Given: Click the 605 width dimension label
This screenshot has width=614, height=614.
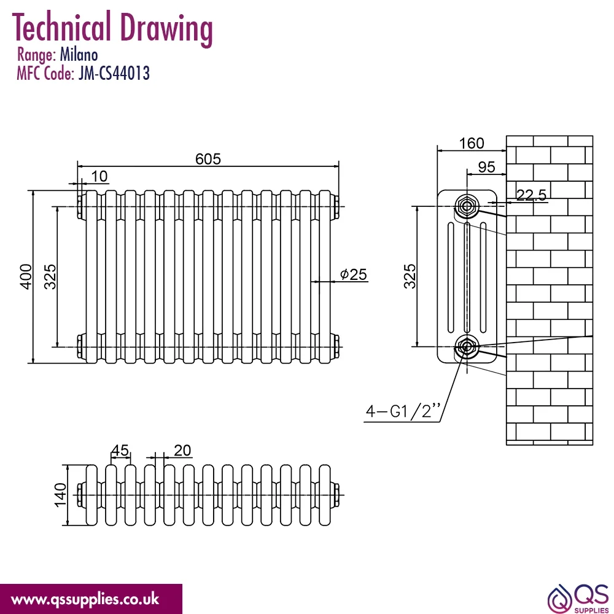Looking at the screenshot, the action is pyautogui.click(x=208, y=159).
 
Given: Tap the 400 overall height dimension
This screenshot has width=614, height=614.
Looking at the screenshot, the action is pyautogui.click(x=26, y=276).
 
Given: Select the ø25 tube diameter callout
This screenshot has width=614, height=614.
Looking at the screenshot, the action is pyautogui.click(x=354, y=274).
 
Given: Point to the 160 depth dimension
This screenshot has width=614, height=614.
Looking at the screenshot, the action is pyautogui.click(x=472, y=143).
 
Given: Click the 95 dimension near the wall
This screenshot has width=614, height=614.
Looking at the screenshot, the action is pyautogui.click(x=487, y=167).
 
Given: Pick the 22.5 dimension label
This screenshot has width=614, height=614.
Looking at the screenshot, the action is pyautogui.click(x=531, y=195).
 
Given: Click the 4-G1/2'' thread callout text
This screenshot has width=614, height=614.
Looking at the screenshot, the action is pyautogui.click(x=403, y=411).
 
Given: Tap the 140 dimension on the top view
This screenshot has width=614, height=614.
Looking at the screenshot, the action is pyautogui.click(x=60, y=495).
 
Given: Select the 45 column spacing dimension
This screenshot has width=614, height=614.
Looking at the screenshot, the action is pyautogui.click(x=120, y=450).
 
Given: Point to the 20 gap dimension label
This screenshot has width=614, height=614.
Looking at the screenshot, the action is pyautogui.click(x=182, y=450).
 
